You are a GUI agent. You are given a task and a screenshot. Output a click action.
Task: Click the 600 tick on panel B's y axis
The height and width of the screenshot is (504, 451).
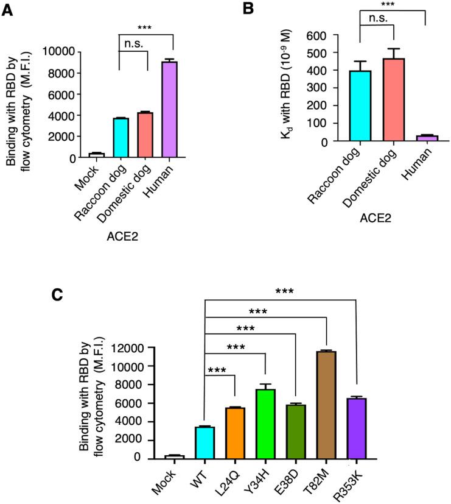321,35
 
